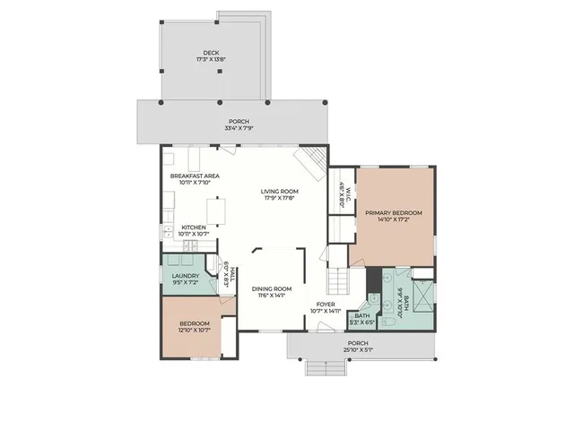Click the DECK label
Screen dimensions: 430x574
click(x=211, y=52)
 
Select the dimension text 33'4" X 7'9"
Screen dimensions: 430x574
click(x=237, y=128)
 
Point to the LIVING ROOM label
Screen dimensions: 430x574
click(x=279, y=191)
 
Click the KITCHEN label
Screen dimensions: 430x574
click(x=195, y=228)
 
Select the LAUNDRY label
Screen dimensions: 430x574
click(x=185, y=276)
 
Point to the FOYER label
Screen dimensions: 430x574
click(x=325, y=305)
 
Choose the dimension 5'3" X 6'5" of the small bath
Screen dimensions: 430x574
click(x=361, y=322)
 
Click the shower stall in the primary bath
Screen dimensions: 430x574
click(x=425, y=295)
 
